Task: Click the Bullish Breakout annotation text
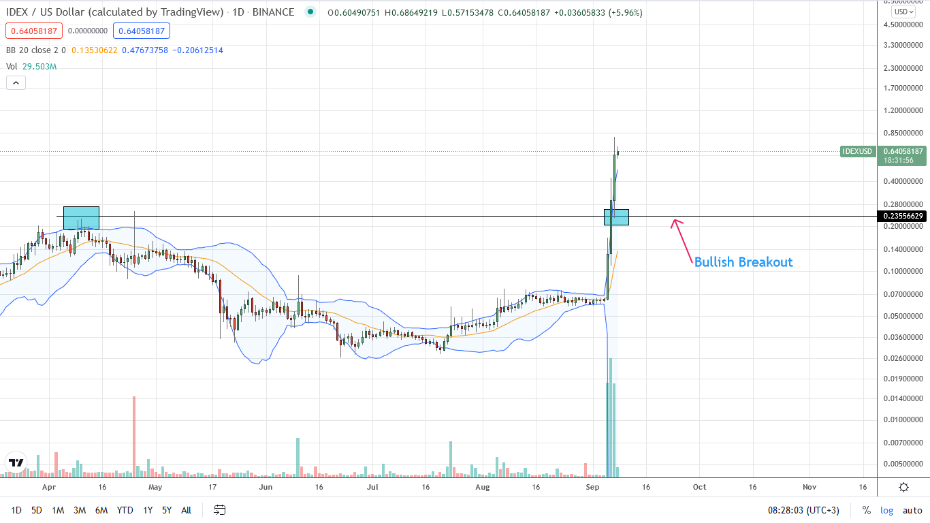[743, 262]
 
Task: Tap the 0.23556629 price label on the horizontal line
[903, 217]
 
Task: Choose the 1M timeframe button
[58, 510]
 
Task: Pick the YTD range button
[125, 510]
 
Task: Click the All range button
[186, 510]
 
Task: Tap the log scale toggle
[886, 510]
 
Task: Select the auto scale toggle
[912, 510]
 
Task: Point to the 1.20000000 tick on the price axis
[903, 110]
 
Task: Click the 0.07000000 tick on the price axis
[903, 294]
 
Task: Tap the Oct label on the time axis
[699, 488]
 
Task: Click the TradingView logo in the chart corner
[16, 462]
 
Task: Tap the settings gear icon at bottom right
[903, 488]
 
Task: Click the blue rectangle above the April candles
[81, 217]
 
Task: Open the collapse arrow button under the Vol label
[16, 83]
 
